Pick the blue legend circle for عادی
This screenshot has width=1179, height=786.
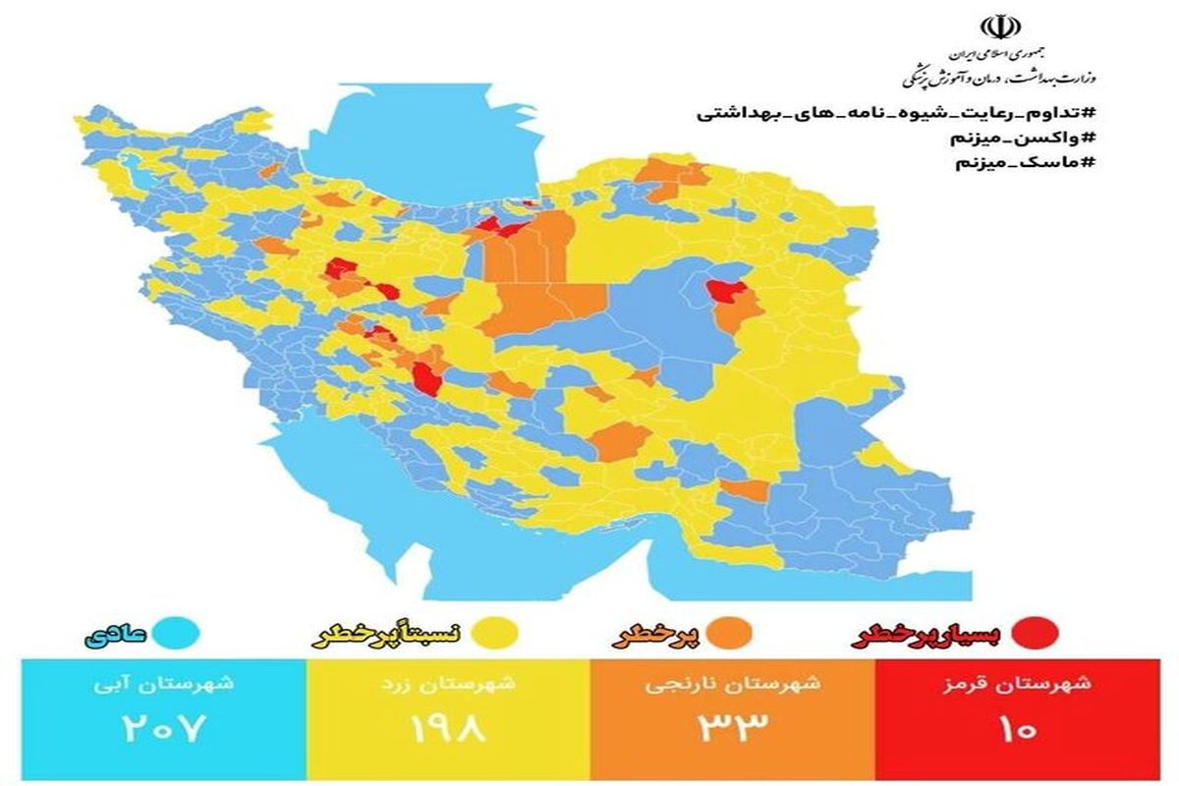tap(182, 634)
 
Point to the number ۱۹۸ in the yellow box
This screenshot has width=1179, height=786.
tap(447, 728)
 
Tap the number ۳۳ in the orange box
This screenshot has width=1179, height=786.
tap(732, 728)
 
